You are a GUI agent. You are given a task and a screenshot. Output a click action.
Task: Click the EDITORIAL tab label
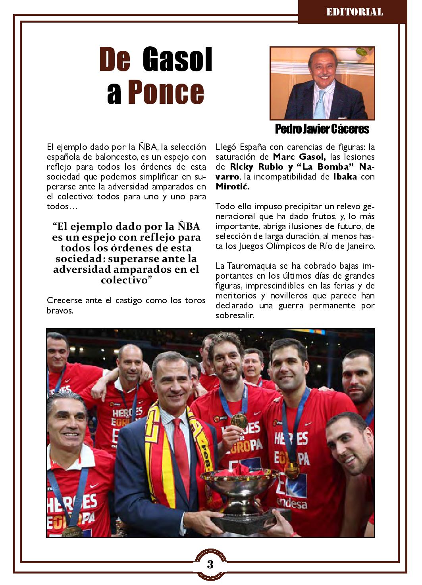(x=355, y=12)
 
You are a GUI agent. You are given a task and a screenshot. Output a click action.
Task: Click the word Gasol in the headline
(x=177, y=60)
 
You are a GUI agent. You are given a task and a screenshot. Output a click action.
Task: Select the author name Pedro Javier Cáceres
(x=322, y=129)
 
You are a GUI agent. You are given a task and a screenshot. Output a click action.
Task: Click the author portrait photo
(x=322, y=83)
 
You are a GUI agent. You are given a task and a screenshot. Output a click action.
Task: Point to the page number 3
(x=210, y=564)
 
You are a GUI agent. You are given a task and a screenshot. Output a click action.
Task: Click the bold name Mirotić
(x=233, y=187)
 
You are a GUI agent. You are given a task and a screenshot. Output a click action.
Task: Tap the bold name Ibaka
(x=345, y=177)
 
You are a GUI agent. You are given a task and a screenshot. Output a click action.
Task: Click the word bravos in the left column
(x=60, y=310)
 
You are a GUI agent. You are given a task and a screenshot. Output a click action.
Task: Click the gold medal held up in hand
(x=239, y=420)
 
